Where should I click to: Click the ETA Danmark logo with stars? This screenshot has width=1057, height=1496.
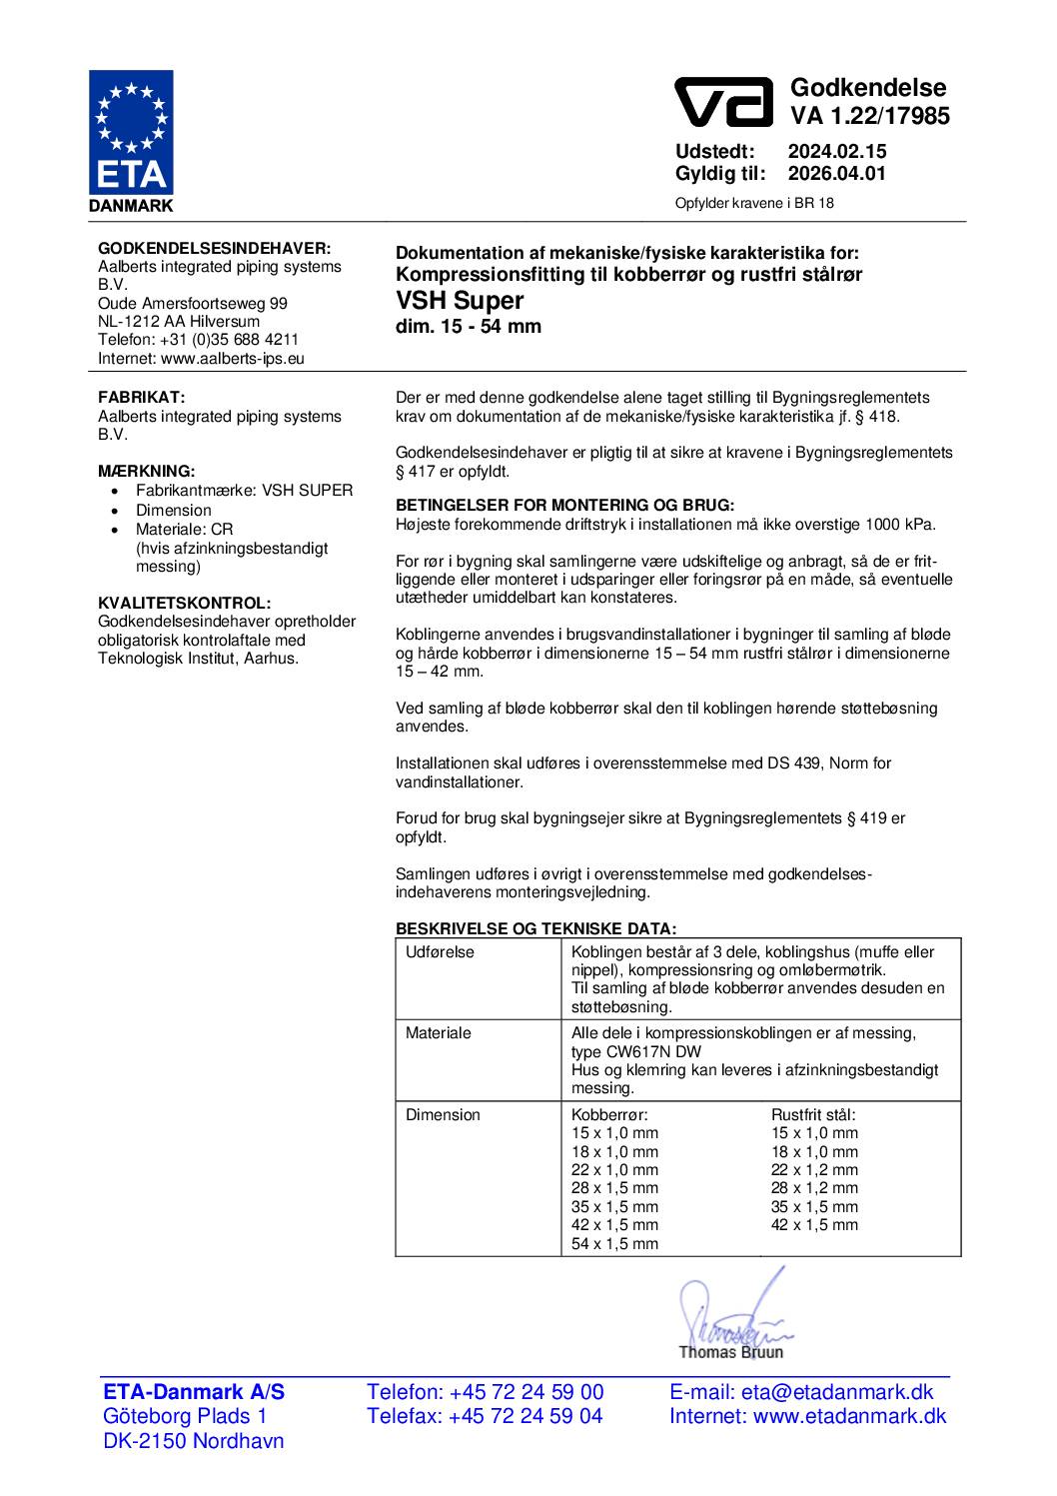131,141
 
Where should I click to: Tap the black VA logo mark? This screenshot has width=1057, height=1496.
724,102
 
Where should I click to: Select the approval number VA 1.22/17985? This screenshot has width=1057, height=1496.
870,117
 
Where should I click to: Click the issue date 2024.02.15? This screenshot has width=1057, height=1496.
836,152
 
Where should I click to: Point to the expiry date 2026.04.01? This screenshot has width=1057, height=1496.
836,174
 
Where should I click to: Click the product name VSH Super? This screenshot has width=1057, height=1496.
460,300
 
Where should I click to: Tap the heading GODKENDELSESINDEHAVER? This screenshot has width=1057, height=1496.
214,248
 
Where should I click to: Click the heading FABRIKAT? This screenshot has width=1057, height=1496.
141,398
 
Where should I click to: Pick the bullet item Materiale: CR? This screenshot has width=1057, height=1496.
184,529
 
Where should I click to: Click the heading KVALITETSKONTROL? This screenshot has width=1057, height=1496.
184,603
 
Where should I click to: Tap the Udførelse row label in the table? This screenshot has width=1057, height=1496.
440,952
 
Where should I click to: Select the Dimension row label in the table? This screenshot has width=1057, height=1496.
443,1115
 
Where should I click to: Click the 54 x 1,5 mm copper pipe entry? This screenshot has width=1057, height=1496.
614,1244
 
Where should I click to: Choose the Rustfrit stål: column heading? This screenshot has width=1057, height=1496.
813,1115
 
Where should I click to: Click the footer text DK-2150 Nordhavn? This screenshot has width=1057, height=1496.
194,1441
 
